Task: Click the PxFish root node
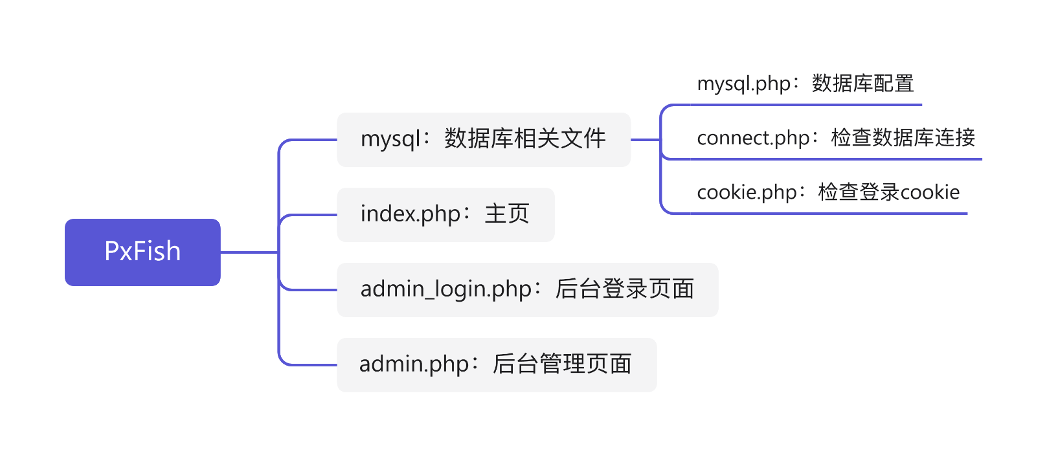coord(142,252)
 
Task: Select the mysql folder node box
coord(484,140)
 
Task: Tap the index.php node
coord(445,215)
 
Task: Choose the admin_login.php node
coord(527,290)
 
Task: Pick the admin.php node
coord(497,365)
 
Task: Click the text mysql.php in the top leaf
coord(744,84)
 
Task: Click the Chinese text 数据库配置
coord(863,84)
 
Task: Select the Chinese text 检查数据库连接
coord(903,138)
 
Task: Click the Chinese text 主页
coord(507,214)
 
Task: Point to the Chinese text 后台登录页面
coord(624,289)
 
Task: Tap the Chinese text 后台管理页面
coord(562,364)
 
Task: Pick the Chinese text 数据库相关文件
coord(525,139)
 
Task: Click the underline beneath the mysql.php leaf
coord(806,105)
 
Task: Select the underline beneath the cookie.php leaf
coord(829,214)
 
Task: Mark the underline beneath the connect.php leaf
coord(836,159)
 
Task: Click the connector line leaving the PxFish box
coord(249,252)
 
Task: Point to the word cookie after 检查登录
coord(930,192)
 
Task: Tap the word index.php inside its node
coord(411,214)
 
